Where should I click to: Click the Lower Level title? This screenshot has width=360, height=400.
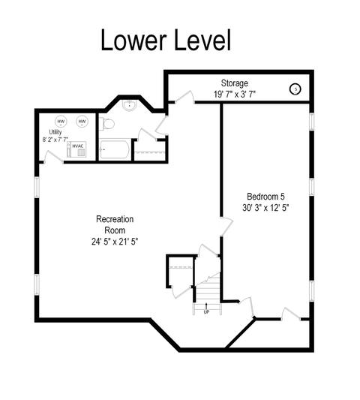click(x=166, y=41)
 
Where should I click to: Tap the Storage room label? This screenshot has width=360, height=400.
click(x=234, y=83)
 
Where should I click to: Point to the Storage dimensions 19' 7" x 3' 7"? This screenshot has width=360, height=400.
click(x=234, y=95)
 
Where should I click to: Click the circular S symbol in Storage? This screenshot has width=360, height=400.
click(x=295, y=89)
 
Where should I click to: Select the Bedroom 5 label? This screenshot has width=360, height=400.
click(x=265, y=197)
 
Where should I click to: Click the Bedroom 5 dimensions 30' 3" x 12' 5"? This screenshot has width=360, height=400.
click(x=265, y=208)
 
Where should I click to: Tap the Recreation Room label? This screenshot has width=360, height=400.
click(x=115, y=224)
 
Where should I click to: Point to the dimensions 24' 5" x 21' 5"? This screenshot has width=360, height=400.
click(x=115, y=242)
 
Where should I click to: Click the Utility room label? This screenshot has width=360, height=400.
click(x=55, y=132)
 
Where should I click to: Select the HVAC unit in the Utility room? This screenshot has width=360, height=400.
click(x=76, y=149)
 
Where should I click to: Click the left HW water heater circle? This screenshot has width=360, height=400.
click(x=61, y=122)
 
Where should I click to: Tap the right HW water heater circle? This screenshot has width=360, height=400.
click(x=82, y=122)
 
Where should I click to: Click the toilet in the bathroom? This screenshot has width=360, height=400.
click(x=106, y=124)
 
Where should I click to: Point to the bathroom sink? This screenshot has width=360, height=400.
click(x=130, y=105)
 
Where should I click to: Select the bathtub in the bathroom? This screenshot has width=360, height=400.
click(x=114, y=149)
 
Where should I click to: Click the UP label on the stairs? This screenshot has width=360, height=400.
click(x=206, y=312)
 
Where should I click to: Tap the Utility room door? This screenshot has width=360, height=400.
click(x=53, y=157)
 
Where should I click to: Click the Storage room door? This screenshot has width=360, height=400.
click(x=184, y=98)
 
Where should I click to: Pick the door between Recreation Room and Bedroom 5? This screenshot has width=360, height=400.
click(x=226, y=227)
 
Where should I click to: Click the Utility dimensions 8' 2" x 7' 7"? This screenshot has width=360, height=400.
click(x=55, y=140)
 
